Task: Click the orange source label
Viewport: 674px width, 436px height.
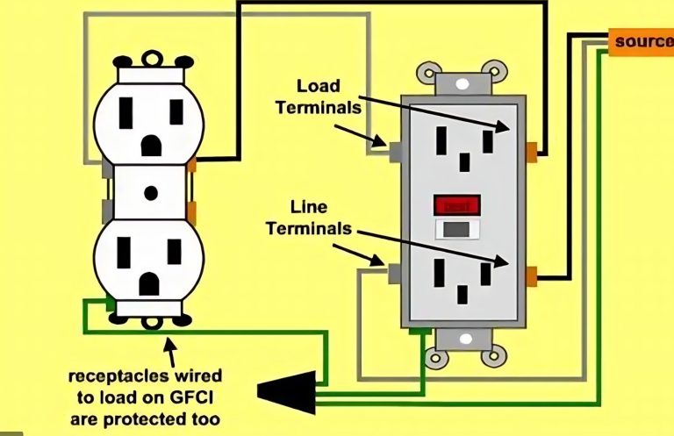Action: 643,42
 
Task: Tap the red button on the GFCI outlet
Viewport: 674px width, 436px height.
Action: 457,205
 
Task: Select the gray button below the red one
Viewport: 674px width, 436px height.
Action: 457,230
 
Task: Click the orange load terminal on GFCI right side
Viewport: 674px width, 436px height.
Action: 532,147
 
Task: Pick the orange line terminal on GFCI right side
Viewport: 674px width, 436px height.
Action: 531,277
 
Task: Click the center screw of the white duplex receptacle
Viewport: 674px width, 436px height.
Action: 150,191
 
